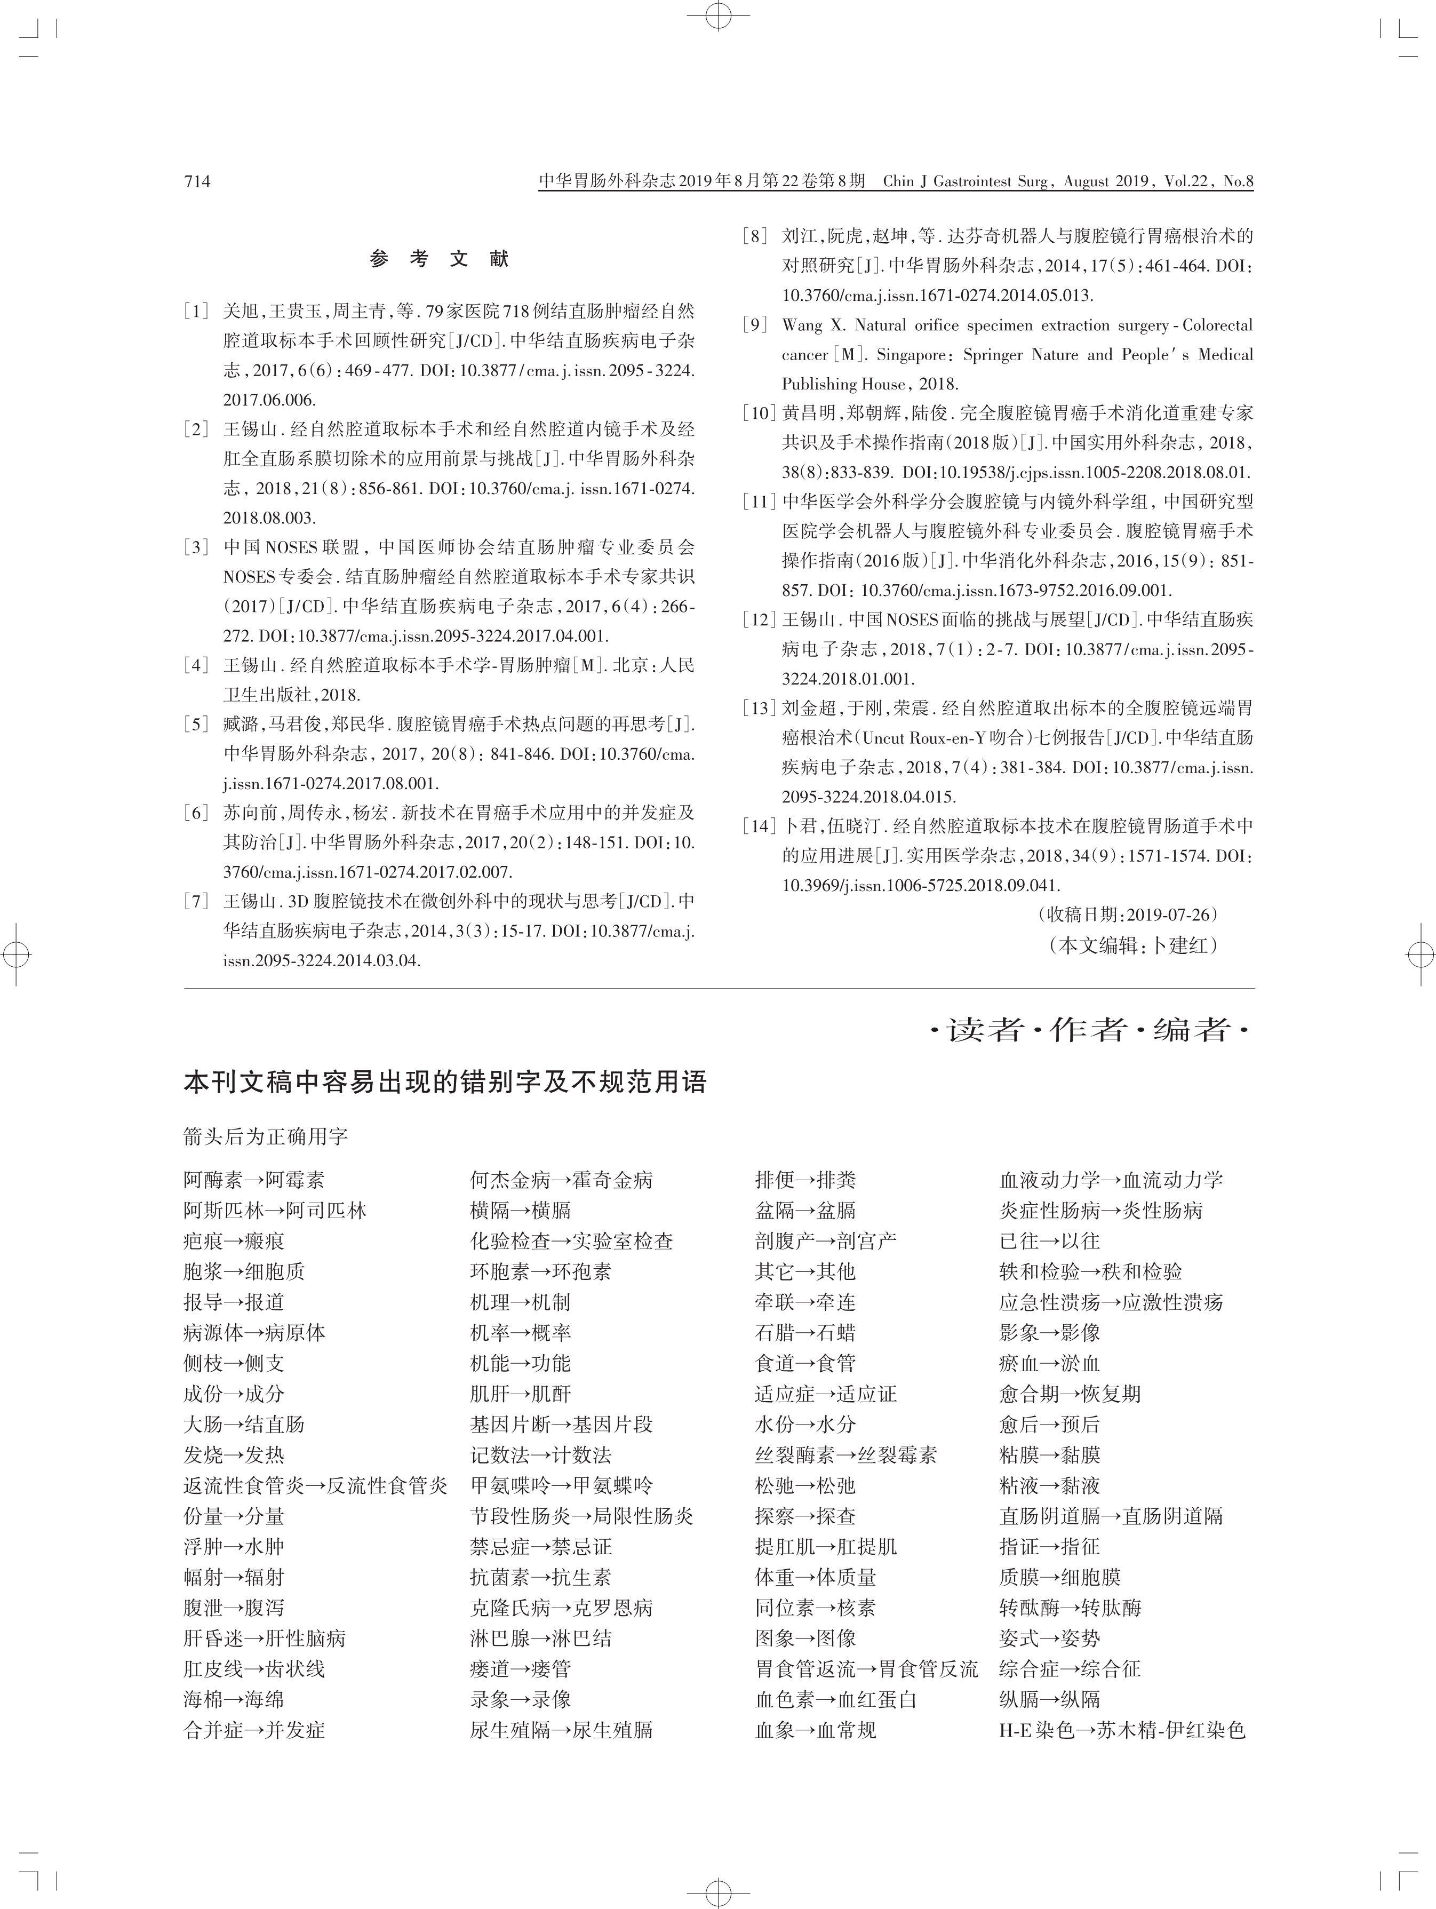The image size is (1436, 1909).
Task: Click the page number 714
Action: click(x=197, y=181)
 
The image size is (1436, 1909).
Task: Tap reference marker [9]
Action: click(x=755, y=325)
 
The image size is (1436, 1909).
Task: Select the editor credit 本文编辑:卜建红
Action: click(x=1133, y=945)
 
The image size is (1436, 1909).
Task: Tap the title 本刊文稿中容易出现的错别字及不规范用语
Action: click(x=445, y=1082)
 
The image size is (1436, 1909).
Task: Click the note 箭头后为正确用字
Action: click(x=266, y=1136)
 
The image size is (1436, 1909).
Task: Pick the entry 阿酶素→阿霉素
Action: click(x=254, y=1180)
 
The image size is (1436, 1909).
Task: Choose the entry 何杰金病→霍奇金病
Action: click(x=561, y=1180)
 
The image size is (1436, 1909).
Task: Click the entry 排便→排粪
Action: click(x=805, y=1180)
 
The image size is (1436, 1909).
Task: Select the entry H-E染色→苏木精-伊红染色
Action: click(x=1122, y=1730)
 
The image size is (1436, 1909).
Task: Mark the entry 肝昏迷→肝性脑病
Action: click(x=264, y=1638)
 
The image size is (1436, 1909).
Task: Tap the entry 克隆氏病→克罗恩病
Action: click(x=561, y=1608)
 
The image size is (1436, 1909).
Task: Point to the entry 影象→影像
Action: click(x=1049, y=1332)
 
